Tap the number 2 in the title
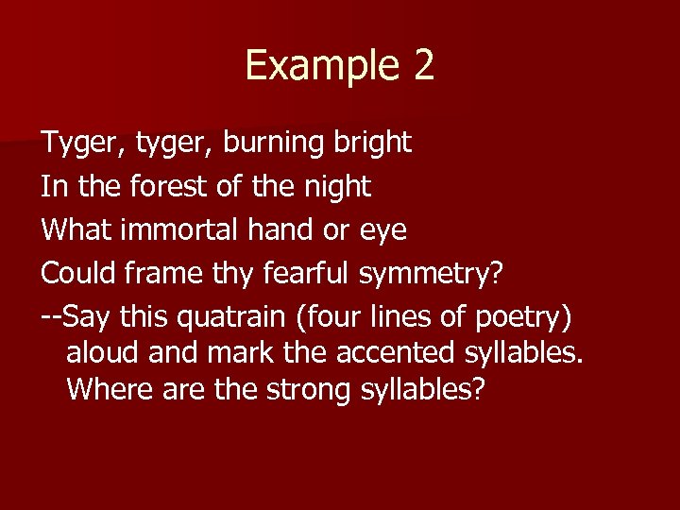tap(422, 65)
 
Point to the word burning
tap(277, 143)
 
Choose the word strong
tap(306, 390)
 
